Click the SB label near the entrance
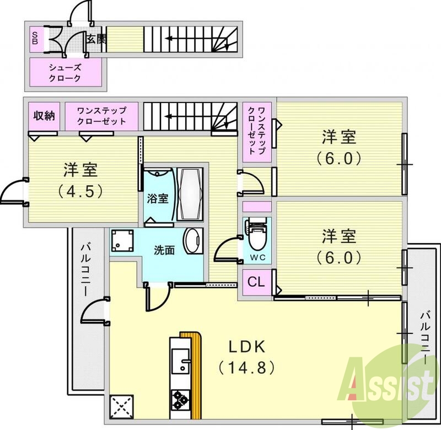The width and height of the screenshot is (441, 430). tap(34, 38)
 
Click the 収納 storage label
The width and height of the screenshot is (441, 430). tap(44, 116)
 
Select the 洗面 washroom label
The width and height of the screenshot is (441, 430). tap(164, 250)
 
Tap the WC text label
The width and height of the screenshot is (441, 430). tap(257, 257)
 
